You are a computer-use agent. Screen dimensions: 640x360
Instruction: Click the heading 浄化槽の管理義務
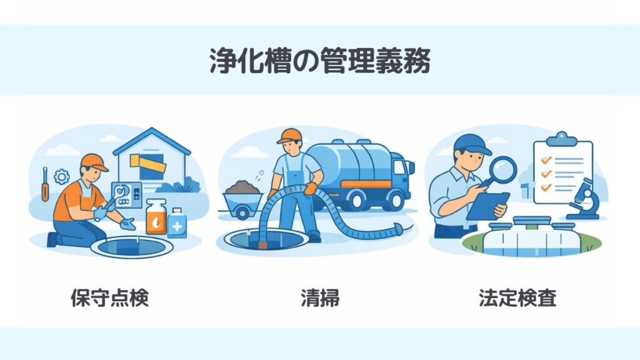click(x=320, y=61)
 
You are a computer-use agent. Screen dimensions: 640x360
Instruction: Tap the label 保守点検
click(x=110, y=297)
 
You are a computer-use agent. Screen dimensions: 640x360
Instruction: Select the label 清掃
click(x=320, y=297)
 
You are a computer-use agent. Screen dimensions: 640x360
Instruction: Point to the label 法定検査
click(x=517, y=297)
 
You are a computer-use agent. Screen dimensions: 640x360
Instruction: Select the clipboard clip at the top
click(x=562, y=139)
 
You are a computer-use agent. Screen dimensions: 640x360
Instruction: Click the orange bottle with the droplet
click(x=156, y=217)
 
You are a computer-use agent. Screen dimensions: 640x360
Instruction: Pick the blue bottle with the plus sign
click(x=177, y=223)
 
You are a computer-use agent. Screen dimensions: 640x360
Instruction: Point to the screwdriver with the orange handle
click(x=45, y=184)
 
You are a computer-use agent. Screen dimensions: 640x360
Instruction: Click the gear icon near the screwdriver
click(x=62, y=177)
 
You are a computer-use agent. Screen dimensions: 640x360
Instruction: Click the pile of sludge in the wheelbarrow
click(x=242, y=187)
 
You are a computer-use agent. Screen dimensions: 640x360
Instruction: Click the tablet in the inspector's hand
click(x=487, y=206)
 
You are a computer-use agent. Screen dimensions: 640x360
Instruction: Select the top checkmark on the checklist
click(x=546, y=159)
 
